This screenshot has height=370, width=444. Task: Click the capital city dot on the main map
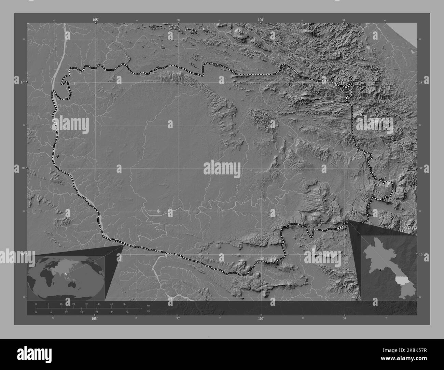(57, 156)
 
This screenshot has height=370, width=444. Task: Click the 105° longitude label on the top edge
(95, 20)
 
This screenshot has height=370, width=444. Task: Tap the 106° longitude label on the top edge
(261, 20)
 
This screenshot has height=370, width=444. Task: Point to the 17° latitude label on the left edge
(22, 82)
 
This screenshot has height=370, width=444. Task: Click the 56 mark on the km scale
(124, 304)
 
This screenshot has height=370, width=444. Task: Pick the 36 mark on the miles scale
(127, 312)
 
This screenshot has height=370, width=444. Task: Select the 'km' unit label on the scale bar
(148, 305)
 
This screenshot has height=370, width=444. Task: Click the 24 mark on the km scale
(74, 304)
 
